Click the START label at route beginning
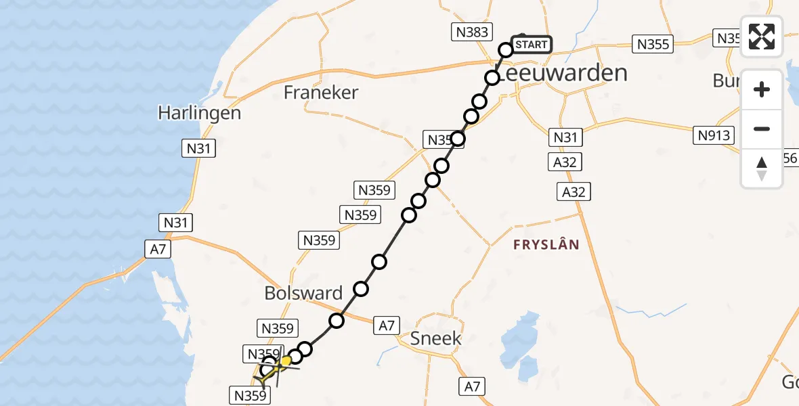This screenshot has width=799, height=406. click(x=531, y=45)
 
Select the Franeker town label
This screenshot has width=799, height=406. click(x=321, y=93)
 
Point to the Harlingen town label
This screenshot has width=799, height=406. click(x=199, y=112)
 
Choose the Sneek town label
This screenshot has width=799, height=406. click(x=436, y=338)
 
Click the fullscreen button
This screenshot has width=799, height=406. click(x=762, y=37)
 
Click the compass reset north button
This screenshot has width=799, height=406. click(x=762, y=168)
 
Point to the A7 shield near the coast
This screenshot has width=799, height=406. click(x=158, y=250)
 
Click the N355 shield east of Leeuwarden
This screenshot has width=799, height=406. click(x=653, y=45)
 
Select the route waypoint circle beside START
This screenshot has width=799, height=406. click(x=506, y=49)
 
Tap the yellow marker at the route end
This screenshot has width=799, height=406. click(x=285, y=361)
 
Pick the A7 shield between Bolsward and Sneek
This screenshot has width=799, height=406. click(x=386, y=325)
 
